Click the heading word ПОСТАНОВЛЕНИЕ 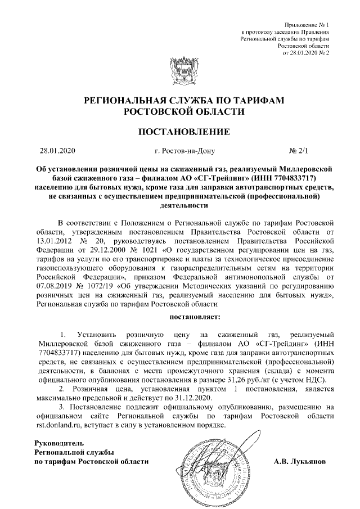[x=180, y=133]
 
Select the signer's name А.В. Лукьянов [x=299, y=462]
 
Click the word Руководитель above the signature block [x=60, y=444]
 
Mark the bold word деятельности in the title [x=180, y=205]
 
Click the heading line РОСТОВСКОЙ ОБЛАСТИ [x=180, y=112]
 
